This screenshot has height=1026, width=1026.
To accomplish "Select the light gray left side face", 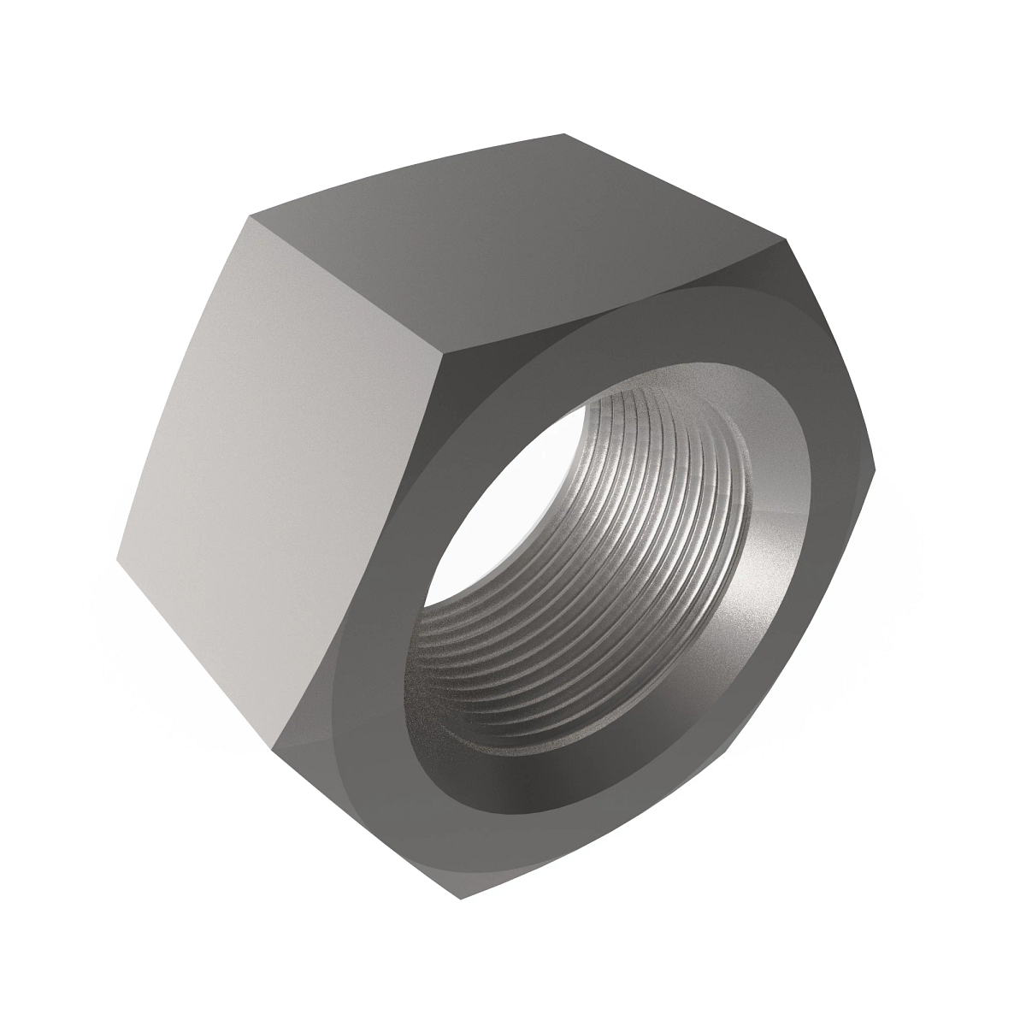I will (x=282, y=479).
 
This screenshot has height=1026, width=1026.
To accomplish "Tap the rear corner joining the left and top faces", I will (x=251, y=217).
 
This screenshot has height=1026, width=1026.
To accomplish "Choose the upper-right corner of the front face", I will (x=784, y=239).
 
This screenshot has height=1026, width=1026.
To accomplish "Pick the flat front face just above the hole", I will (x=598, y=342).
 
